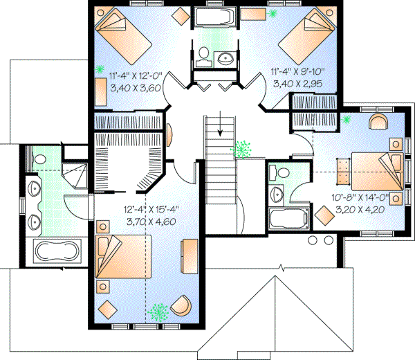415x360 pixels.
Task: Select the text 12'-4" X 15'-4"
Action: point(150,210)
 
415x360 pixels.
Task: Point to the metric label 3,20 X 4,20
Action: point(362,207)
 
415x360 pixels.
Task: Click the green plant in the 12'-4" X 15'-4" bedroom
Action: point(160,312)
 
